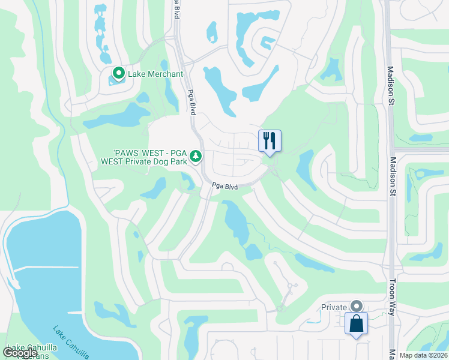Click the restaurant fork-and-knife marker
click(x=270, y=141)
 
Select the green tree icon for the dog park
click(x=195, y=157)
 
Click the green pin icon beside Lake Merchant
click(x=118, y=74)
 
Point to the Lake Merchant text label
click(x=156, y=74)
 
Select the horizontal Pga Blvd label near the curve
click(x=225, y=187)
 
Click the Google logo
click(x=20, y=353)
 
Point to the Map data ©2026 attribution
click(x=423, y=355)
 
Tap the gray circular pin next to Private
click(x=357, y=307)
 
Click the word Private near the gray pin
click(x=334, y=307)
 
